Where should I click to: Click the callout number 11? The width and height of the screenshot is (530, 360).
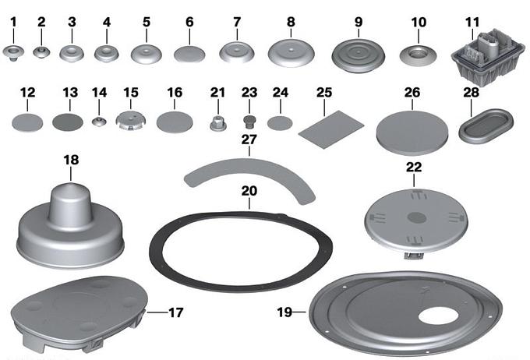(472, 23)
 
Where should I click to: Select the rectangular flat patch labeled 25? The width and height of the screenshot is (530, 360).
(331, 129)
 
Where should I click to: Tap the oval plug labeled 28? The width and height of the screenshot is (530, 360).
(486, 125)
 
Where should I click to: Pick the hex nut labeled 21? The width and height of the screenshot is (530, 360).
(217, 123)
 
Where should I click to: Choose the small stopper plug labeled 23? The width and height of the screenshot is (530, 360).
(249, 122)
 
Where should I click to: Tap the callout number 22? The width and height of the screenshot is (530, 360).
(414, 167)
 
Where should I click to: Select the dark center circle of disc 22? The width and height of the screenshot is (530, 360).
(416, 217)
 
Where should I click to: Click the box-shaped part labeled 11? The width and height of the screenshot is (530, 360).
(488, 56)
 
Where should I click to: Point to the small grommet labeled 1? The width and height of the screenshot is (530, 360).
(13, 54)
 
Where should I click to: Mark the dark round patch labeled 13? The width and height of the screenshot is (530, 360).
(68, 122)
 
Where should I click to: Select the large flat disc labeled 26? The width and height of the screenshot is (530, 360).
(412, 132)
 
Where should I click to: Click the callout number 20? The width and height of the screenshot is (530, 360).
(249, 192)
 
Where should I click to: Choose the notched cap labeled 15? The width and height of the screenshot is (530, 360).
(131, 121)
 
